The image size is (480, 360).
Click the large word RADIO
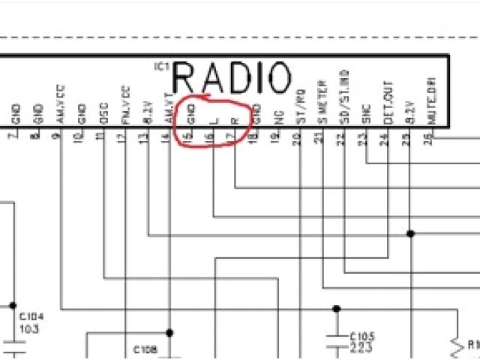[232, 78]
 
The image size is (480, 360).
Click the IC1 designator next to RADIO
[162, 67]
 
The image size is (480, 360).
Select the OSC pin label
[103, 113]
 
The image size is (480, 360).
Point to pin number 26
[427, 137]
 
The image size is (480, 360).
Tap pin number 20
[297, 137]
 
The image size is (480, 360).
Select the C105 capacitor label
[362, 336]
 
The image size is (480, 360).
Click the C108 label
[145, 349]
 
